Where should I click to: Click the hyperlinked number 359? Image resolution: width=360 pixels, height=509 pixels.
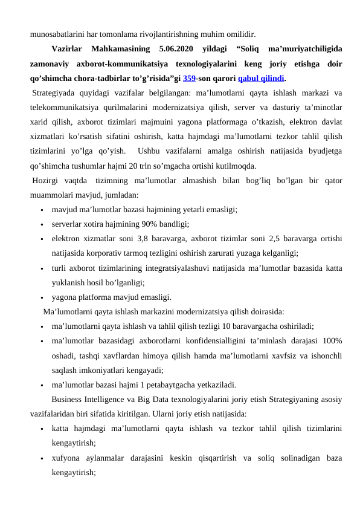pos(189,78)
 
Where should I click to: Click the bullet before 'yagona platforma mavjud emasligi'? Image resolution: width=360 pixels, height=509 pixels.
pos(40,297)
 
